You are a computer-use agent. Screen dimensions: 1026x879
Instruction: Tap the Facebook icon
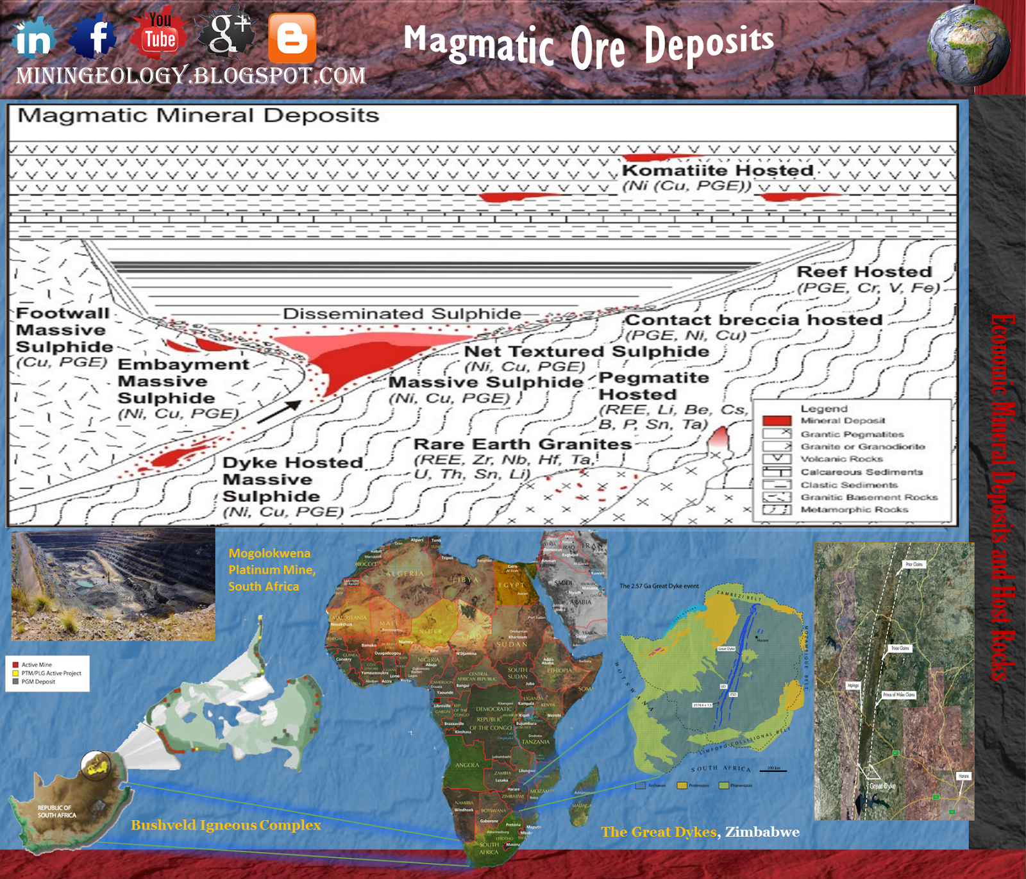[94, 37]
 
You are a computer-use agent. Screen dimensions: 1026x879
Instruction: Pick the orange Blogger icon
[292, 38]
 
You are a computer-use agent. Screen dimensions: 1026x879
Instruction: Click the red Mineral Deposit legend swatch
[777, 421]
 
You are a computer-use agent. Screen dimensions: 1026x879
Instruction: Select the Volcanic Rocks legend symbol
[777, 459]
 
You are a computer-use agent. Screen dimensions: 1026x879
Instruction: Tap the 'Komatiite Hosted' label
[718, 171]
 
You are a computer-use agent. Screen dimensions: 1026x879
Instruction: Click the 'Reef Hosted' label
[864, 272]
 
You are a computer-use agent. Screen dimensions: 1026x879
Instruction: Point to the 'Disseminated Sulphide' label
[402, 314]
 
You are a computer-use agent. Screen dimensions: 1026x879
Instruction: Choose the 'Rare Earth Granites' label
[523, 444]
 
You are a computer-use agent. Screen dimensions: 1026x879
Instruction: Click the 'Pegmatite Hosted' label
[653, 386]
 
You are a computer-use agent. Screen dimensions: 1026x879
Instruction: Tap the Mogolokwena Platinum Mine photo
[114, 584]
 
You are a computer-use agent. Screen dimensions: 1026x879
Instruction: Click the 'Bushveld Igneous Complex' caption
[226, 825]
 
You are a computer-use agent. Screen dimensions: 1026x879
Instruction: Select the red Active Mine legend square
[15, 665]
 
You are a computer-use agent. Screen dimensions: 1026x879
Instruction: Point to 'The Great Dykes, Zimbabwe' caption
[700, 832]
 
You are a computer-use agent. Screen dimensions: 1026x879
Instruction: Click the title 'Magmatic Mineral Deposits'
[198, 116]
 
